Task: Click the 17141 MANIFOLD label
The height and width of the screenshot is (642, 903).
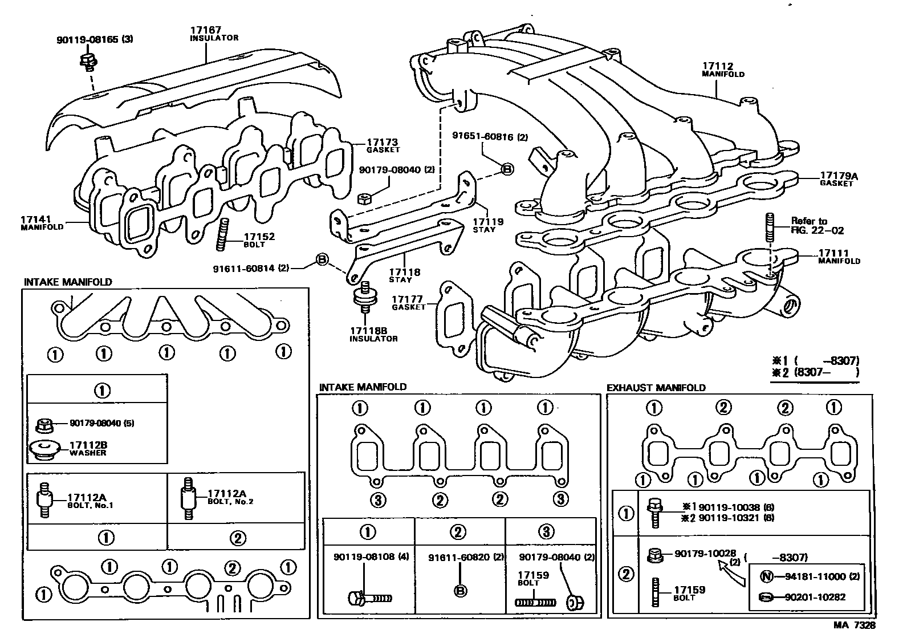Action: coord(42,222)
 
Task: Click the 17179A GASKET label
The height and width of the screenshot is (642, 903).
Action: coord(838,179)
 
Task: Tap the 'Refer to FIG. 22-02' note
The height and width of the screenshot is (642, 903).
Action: coord(816,226)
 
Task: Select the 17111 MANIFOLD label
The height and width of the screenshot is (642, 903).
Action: coord(839,257)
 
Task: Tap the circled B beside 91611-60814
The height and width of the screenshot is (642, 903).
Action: coord(322,260)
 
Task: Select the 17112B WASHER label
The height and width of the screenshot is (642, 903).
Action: coord(88,448)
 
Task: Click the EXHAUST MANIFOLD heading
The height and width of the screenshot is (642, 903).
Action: coord(656,388)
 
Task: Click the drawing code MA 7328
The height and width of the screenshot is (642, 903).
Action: coord(853,625)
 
